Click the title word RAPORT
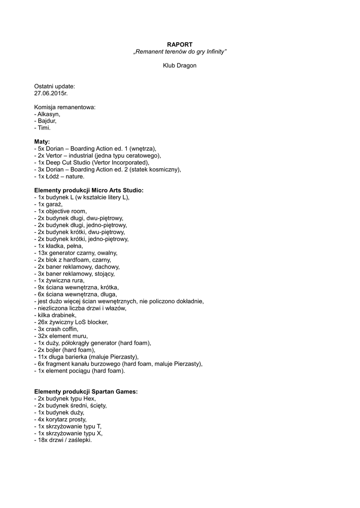(x=180, y=45)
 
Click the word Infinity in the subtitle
(x=215, y=52)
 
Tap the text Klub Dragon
(x=180, y=65)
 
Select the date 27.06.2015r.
(x=51, y=93)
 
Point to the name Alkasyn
(x=48, y=114)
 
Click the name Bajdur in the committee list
(x=47, y=121)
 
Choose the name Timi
(x=44, y=127)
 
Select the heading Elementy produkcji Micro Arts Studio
(x=88, y=190)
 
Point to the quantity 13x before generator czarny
(x=42, y=253)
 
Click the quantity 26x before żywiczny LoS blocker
(x=42, y=322)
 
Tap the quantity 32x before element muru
(x=42, y=336)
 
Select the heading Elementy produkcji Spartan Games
(x=85, y=391)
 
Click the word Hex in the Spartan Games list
(x=90, y=398)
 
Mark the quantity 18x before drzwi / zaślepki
(x=42, y=440)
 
